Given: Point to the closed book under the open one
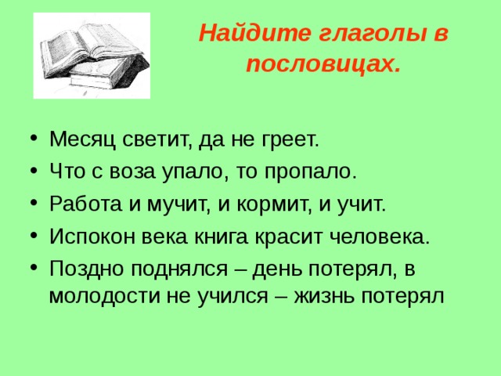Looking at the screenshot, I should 110,74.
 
